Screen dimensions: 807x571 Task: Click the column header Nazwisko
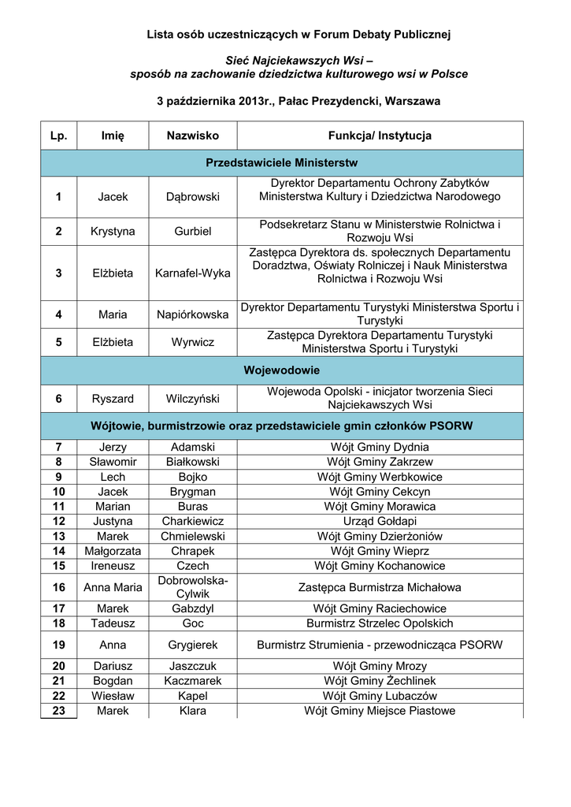pyautogui.click(x=192, y=136)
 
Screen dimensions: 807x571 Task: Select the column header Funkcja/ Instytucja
pyautogui.click(x=380, y=136)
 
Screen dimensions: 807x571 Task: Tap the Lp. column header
pyautogui.click(x=58, y=136)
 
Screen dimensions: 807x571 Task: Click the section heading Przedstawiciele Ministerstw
pyautogui.click(x=281, y=163)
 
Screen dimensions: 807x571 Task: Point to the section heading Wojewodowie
pyautogui.click(x=281, y=370)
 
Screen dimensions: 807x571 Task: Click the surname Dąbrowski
pyautogui.click(x=192, y=196)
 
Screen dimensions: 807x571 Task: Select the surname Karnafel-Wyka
pyautogui.click(x=192, y=273)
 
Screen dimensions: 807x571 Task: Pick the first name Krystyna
pyautogui.click(x=113, y=231)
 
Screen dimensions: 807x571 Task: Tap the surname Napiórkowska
pyautogui.click(x=192, y=314)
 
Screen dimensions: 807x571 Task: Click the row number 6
pyautogui.click(x=58, y=399)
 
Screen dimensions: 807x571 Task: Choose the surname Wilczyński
pyautogui.click(x=192, y=399)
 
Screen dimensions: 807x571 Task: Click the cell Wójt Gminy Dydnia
pyautogui.click(x=380, y=447)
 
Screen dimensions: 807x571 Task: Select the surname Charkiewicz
pyautogui.click(x=192, y=521)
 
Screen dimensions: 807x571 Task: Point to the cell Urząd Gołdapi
pyautogui.click(x=380, y=521)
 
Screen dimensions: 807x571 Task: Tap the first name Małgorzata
pyautogui.click(x=113, y=551)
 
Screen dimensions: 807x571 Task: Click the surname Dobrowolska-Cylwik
pyautogui.click(x=192, y=587)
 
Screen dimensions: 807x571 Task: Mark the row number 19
pyautogui.click(x=58, y=645)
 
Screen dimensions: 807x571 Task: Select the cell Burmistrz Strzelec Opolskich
pyautogui.click(x=380, y=623)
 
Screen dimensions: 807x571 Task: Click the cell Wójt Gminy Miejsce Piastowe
pyautogui.click(x=380, y=711)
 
